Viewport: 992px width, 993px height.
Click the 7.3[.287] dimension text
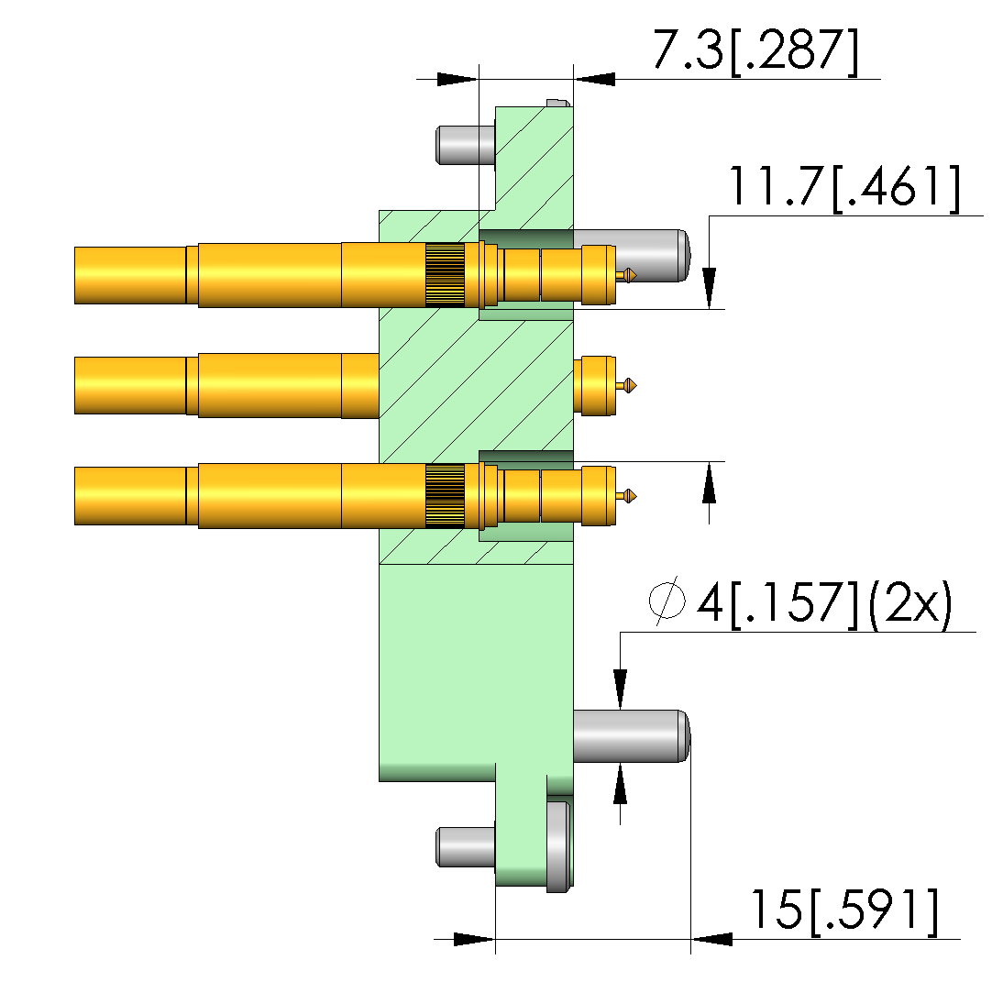coord(755,50)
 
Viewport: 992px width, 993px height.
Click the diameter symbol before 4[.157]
coord(667,601)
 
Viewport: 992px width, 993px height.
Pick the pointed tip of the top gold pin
coord(636,275)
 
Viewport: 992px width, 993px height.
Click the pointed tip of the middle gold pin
coord(636,385)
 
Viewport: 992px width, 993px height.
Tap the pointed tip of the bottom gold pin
coord(636,496)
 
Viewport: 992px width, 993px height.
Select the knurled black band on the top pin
coord(445,275)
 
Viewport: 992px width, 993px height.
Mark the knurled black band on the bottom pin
coord(445,495)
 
